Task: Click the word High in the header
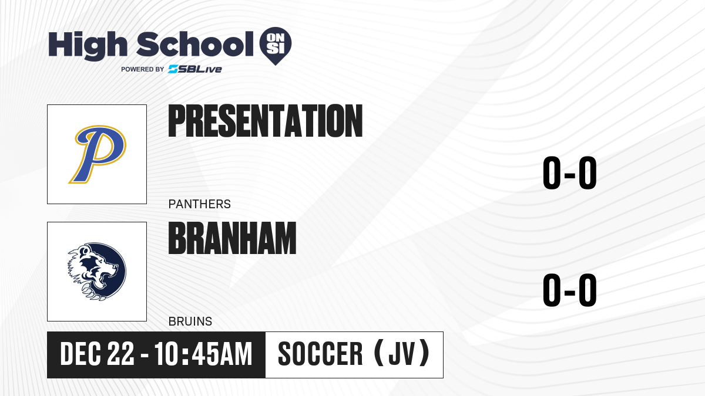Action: click(x=88, y=45)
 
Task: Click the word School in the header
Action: click(x=195, y=44)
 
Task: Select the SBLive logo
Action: click(x=194, y=69)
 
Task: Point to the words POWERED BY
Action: click(x=143, y=69)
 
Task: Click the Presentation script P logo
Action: click(x=98, y=154)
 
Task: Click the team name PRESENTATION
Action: click(x=266, y=121)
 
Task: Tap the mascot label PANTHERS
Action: click(x=200, y=204)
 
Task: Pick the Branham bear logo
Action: click(x=97, y=272)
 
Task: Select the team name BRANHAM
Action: click(x=232, y=238)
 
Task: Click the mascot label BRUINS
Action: click(x=190, y=321)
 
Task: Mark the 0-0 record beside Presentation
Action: click(x=570, y=173)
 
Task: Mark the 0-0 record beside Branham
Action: click(x=570, y=290)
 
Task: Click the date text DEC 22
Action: click(x=97, y=354)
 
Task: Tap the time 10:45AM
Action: click(x=203, y=354)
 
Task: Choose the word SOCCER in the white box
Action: click(x=320, y=354)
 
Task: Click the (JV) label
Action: click(x=402, y=353)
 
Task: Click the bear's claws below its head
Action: click(x=92, y=292)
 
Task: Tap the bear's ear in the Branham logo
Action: click(x=85, y=250)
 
